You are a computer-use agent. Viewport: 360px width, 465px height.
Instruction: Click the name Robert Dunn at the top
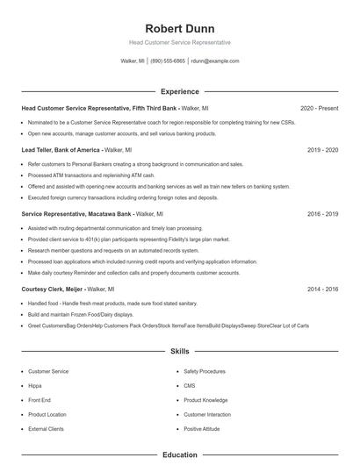click(x=179, y=28)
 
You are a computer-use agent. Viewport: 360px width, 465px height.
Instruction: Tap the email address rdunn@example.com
click(x=215, y=61)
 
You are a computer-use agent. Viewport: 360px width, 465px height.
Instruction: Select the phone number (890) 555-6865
click(x=168, y=61)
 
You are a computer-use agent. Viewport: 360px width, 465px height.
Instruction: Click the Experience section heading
click(x=179, y=91)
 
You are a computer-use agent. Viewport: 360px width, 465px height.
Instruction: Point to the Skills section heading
click(x=179, y=350)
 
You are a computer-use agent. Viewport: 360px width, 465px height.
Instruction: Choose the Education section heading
click(x=179, y=455)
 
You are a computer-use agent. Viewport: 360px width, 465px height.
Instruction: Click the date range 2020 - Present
click(x=319, y=108)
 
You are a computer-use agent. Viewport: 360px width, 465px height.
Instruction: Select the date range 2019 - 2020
click(x=322, y=150)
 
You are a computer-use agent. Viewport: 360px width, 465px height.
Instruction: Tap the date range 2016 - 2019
click(x=322, y=213)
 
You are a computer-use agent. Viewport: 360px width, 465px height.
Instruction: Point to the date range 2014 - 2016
click(x=322, y=289)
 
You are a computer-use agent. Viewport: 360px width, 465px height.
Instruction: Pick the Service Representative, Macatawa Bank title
click(x=76, y=213)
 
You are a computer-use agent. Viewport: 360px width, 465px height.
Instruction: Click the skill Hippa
click(x=35, y=385)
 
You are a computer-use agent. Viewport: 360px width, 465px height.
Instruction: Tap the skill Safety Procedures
click(x=205, y=371)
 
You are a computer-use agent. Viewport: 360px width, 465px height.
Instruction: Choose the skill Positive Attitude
click(x=203, y=429)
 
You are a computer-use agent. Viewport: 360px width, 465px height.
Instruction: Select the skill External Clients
click(x=46, y=429)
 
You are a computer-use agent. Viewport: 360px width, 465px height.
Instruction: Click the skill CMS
click(x=190, y=385)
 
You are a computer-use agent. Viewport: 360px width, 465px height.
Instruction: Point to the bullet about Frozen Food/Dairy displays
click(x=81, y=314)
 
